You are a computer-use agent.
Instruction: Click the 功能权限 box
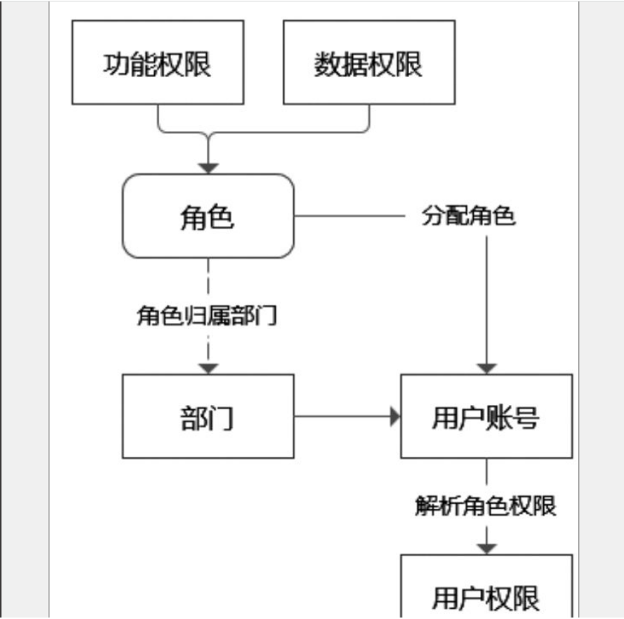pos(157,62)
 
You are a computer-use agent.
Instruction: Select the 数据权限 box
pos(368,62)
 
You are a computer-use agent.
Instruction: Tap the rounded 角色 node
pos(208,216)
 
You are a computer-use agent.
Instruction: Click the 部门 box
pos(208,416)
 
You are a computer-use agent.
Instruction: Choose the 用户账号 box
pos(486,416)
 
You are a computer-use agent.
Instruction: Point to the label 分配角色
pos(468,217)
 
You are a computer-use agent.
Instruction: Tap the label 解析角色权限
pos(485,506)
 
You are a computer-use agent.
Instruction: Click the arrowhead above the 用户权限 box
pos(486,546)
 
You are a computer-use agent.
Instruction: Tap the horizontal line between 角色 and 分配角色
pos(352,217)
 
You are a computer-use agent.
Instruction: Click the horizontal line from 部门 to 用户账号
pos(341,416)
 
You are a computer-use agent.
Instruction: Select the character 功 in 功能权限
pos(116,64)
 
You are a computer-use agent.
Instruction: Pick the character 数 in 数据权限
pos(327,64)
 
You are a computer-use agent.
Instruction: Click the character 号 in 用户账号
pos(526,418)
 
